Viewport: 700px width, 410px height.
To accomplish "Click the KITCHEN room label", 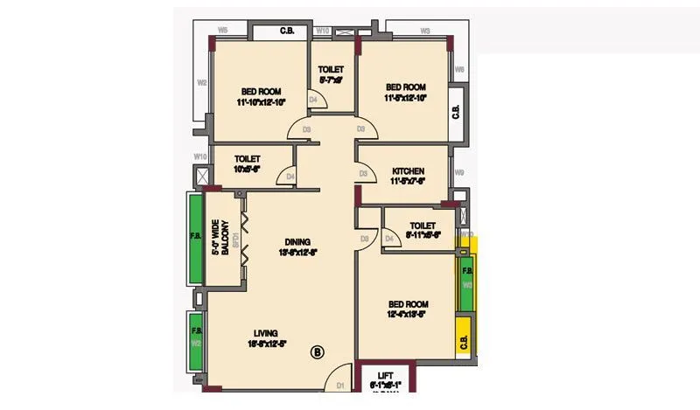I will click(408, 170).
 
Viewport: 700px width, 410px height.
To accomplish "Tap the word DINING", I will click(297, 242).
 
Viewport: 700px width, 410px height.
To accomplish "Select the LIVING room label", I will click(266, 333).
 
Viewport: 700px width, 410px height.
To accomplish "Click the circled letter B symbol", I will click(318, 352).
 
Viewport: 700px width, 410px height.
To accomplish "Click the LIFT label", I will click(386, 375).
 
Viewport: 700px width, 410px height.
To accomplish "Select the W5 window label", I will click(223, 31).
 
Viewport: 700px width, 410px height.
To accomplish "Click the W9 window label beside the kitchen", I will click(459, 173).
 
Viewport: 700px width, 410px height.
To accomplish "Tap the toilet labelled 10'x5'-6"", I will click(248, 163).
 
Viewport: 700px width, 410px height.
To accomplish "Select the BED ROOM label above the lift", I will click(407, 309).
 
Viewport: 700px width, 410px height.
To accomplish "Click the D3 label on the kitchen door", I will click(362, 174).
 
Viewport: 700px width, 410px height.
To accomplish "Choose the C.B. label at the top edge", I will click(287, 31).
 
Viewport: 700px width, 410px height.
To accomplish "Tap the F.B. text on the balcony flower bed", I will click(196, 236).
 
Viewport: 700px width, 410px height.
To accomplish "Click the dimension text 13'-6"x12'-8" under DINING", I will click(297, 253).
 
